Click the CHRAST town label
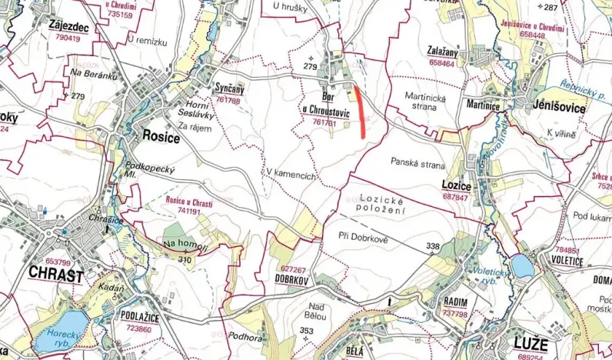click(55, 274)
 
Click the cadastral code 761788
click(228, 100)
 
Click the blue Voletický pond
click(522, 266)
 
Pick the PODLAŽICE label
click(139, 316)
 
